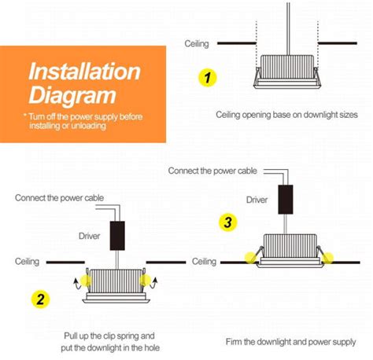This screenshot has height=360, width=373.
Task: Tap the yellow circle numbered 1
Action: click(x=207, y=78)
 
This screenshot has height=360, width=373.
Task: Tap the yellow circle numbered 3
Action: click(x=228, y=222)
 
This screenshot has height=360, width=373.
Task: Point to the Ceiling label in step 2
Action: click(x=28, y=261)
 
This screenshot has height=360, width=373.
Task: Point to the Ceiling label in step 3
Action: click(x=204, y=261)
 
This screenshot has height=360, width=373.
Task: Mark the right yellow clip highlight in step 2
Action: click(x=144, y=277)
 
